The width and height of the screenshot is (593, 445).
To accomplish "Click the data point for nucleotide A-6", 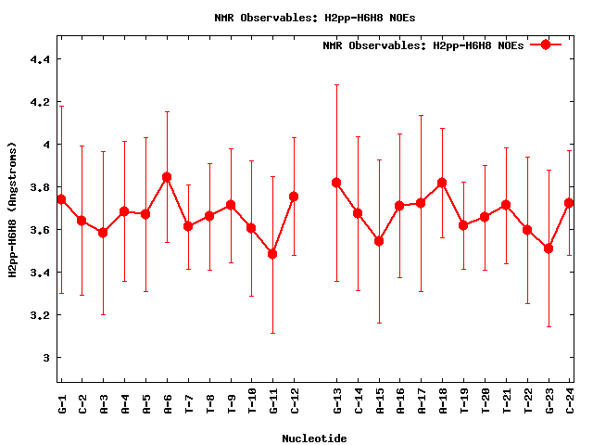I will (x=167, y=176).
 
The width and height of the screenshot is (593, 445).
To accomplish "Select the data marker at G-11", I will (x=272, y=253).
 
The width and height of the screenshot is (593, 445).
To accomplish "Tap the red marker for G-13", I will (x=336, y=183).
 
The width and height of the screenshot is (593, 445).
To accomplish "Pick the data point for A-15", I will (x=379, y=241).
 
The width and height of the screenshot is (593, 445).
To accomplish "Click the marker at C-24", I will (x=569, y=203).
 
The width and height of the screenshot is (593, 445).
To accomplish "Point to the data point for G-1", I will (x=61, y=199).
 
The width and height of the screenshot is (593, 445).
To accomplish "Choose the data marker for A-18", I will (x=442, y=183).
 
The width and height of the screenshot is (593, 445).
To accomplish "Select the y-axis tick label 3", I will (x=45, y=358).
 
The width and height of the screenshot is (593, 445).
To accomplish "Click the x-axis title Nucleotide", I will (x=314, y=439).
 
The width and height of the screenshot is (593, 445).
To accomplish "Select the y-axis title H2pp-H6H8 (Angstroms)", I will (x=13, y=210).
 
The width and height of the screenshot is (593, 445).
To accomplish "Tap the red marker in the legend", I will (x=546, y=44).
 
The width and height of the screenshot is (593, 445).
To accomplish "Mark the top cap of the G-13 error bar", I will (x=336, y=84).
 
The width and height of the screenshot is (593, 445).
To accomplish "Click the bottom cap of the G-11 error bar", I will (x=272, y=333).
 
